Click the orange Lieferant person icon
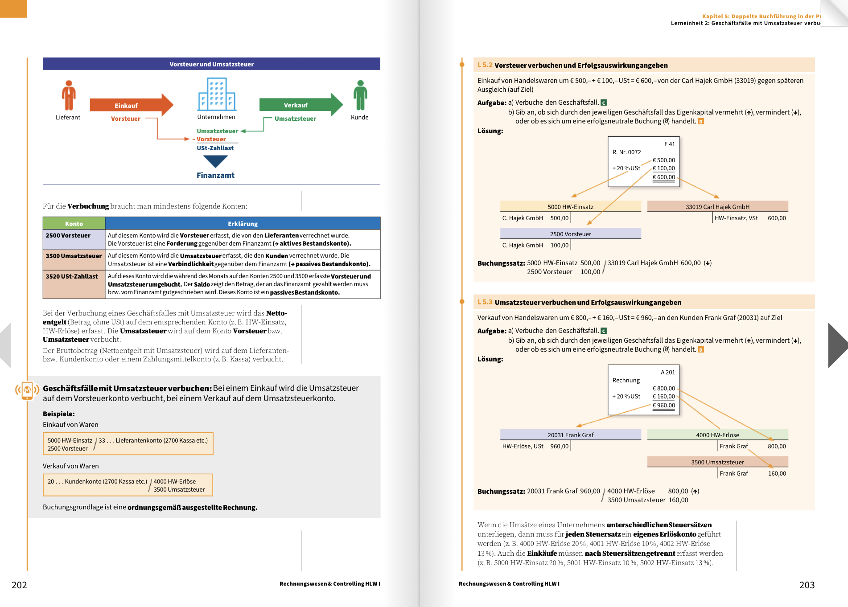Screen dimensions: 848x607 point(69,95)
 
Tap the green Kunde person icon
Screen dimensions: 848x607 point(360,95)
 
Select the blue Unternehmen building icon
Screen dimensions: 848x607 point(217,94)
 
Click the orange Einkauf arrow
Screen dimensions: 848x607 point(132,105)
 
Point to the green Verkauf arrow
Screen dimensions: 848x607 point(301,105)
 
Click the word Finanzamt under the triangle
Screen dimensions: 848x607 point(215,175)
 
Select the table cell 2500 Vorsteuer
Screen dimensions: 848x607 point(74,239)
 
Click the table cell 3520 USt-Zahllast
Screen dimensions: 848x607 point(74,284)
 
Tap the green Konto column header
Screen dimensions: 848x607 point(74,223)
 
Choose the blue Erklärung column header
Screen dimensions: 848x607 point(243,223)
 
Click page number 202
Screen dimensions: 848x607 point(19,585)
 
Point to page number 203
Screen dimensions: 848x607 point(807,585)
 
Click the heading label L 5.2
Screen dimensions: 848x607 point(485,65)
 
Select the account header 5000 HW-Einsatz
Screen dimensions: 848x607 point(571,206)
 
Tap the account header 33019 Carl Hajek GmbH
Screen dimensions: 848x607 point(718,206)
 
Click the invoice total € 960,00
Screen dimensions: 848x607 point(664,405)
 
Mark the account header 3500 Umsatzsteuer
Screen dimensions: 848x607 point(718,462)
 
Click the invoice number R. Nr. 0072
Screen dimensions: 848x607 point(627,152)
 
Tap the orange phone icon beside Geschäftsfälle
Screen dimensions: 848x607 point(27,390)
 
